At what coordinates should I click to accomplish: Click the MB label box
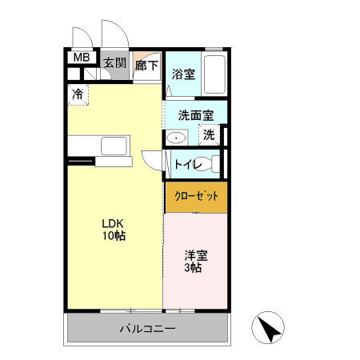pos(82,58)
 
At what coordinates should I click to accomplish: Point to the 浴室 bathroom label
pos(183,74)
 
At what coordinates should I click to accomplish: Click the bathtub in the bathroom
pos(214,74)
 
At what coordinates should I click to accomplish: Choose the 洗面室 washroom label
pos(194,114)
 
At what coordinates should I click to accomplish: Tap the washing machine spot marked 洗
pos(208,135)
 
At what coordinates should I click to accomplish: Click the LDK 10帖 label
pos(113,230)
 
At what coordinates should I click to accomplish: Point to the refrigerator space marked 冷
pos(78,94)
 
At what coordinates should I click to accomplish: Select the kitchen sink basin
pos(114,146)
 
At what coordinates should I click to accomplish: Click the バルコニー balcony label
pos(147,329)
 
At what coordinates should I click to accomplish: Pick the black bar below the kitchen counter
pos(82,162)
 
